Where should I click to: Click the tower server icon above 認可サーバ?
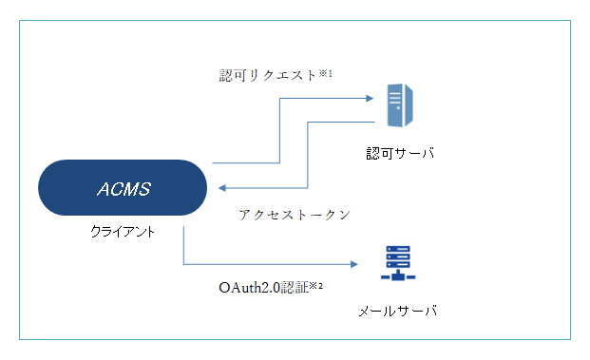click(399, 105)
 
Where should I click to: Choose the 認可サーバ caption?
click(400, 152)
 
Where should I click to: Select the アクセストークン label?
click(295, 215)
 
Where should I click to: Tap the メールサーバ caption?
click(399, 312)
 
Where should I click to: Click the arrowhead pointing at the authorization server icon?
click(366, 97)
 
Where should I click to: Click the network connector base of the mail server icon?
click(398, 276)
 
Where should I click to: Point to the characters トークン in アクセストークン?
click(323, 215)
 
